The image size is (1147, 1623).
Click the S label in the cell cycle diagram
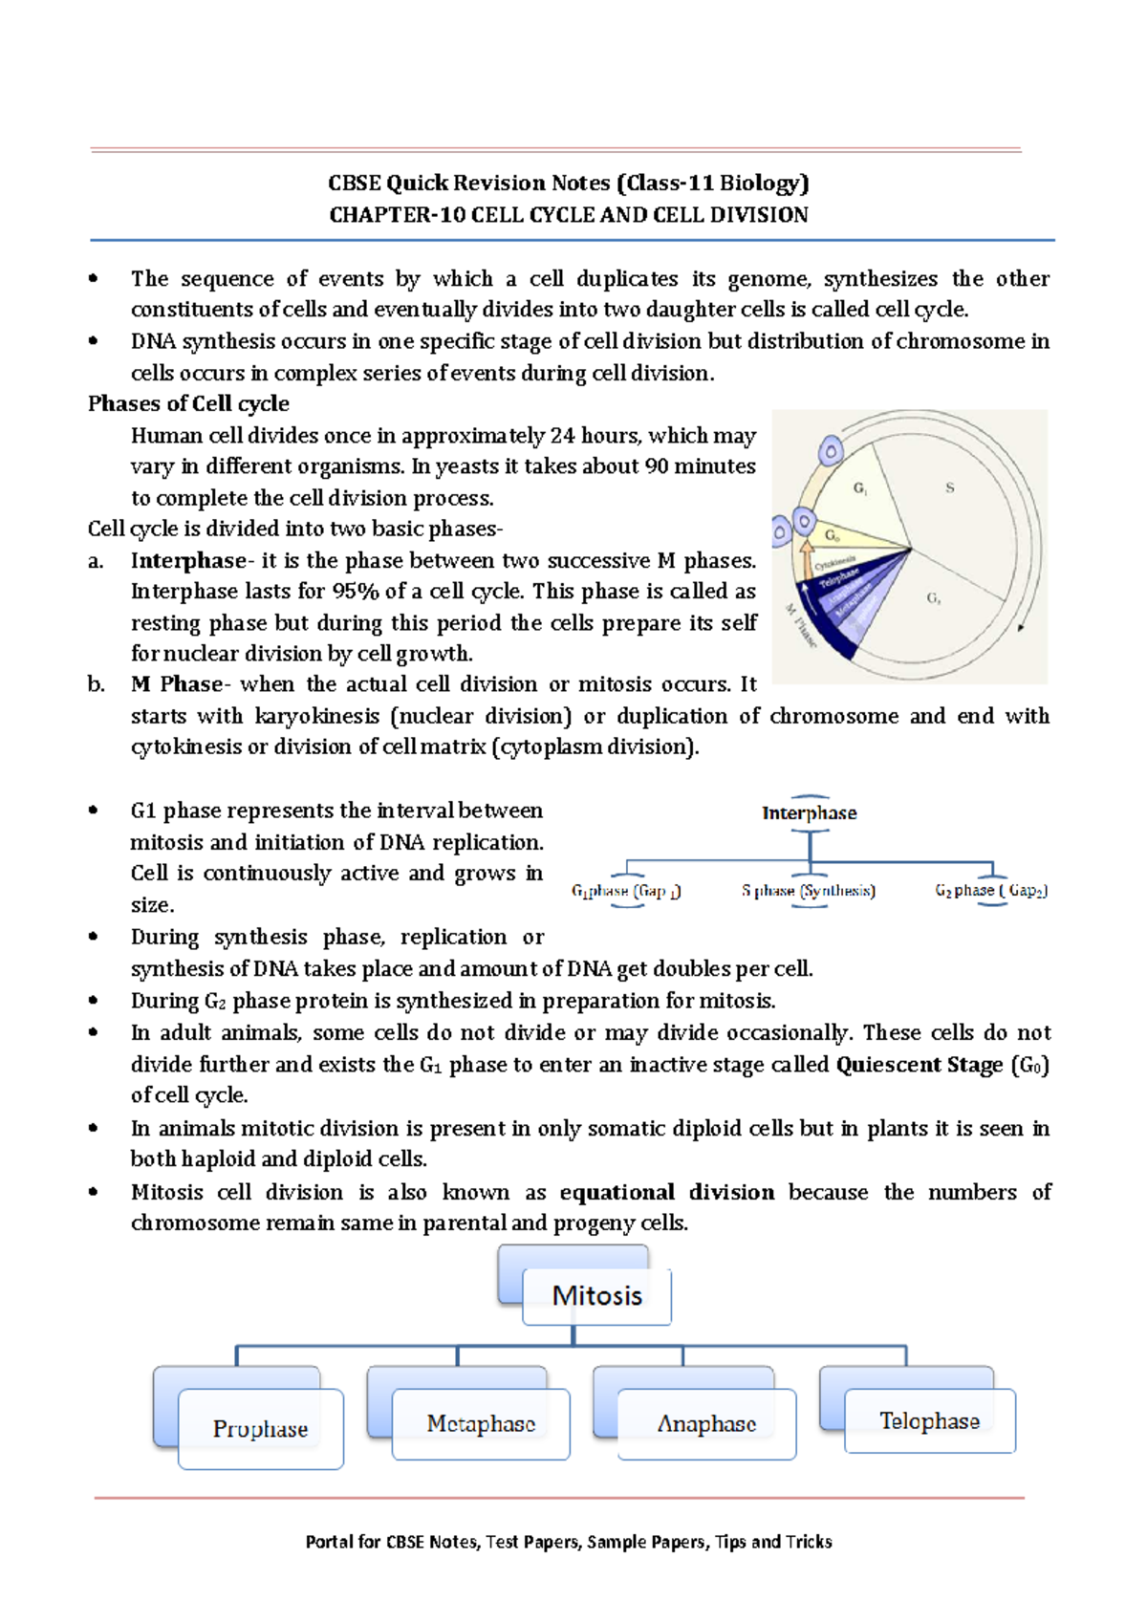pos(949,487)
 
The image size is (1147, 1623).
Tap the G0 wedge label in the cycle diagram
pos(833,536)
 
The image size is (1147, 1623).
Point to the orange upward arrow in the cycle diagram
pos(806,557)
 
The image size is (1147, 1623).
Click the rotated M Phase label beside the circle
pos(801,626)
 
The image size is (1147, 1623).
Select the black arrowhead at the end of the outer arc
pos(1021,628)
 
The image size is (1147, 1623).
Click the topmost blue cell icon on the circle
pos(831,450)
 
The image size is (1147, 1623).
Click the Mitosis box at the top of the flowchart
pos(596,1295)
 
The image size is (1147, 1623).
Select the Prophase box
pos(260,1428)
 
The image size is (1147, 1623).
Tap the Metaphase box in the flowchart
pos(481,1423)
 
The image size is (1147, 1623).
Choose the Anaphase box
pos(706,1423)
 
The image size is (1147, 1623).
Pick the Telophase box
pos(929,1420)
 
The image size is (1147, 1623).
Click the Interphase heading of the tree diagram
pos(809,813)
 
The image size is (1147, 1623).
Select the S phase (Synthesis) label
pos(809,891)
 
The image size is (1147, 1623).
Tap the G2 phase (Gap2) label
pos(991,891)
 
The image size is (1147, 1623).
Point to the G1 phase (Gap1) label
pos(626,891)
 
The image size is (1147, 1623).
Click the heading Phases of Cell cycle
pos(188,403)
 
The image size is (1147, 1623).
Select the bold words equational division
pos(666,1192)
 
